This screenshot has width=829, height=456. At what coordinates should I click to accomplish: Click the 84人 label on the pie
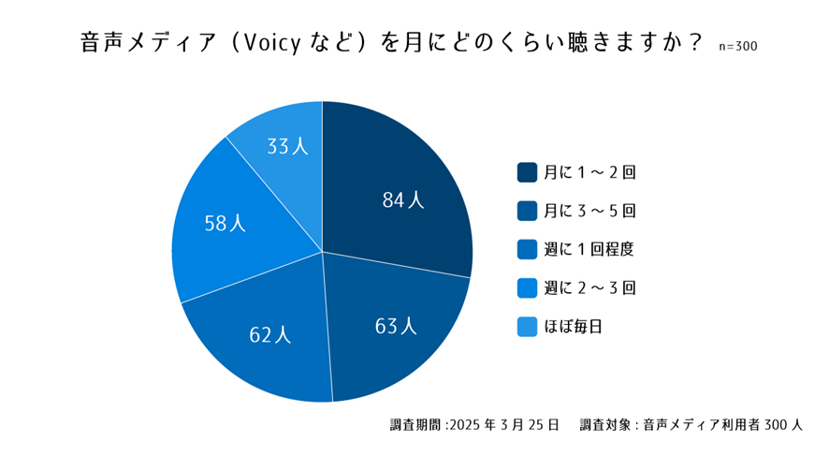click(x=403, y=199)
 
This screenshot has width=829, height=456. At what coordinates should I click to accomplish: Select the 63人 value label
click(x=396, y=326)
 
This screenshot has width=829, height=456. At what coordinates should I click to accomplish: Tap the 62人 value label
click(x=269, y=334)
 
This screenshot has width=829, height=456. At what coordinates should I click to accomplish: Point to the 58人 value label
click(x=225, y=223)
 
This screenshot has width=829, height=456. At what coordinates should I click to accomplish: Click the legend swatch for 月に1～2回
click(x=527, y=172)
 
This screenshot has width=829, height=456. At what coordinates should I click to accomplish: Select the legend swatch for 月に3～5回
click(x=527, y=211)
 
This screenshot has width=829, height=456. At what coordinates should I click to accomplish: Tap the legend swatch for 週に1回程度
click(x=527, y=249)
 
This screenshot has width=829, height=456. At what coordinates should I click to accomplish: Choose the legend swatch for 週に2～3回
click(x=527, y=287)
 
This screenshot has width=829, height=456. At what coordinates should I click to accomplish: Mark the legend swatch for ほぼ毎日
click(x=527, y=326)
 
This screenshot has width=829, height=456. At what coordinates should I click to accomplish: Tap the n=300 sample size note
click(x=738, y=45)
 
